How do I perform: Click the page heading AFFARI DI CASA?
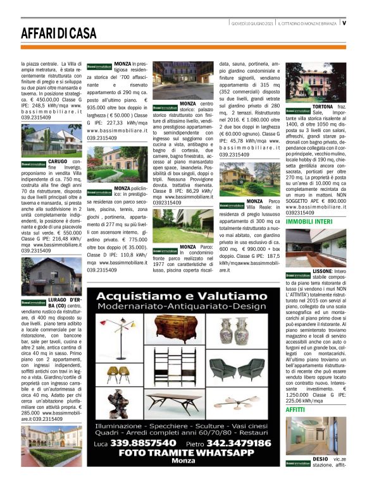pos(59,34)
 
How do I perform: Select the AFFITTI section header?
pos(295,410)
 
